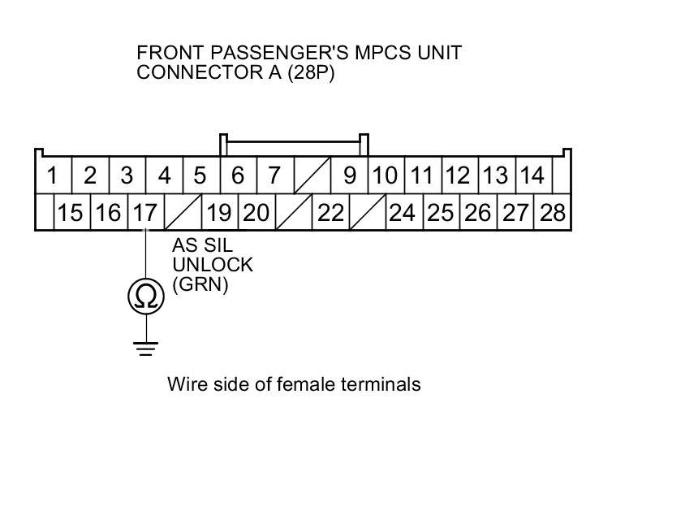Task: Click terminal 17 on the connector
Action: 145,213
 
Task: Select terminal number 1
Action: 54,175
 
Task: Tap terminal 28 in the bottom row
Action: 553,213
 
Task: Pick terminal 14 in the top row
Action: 532,175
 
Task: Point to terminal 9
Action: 350,175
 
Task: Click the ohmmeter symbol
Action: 146,297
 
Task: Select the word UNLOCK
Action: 213,266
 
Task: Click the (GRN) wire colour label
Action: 200,284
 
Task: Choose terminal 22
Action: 331,213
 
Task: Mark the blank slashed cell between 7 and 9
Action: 312,175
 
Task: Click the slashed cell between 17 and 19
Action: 183,213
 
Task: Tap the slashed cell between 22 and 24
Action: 368,213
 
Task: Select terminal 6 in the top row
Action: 239,175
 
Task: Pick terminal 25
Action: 441,213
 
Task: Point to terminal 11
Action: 421,175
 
